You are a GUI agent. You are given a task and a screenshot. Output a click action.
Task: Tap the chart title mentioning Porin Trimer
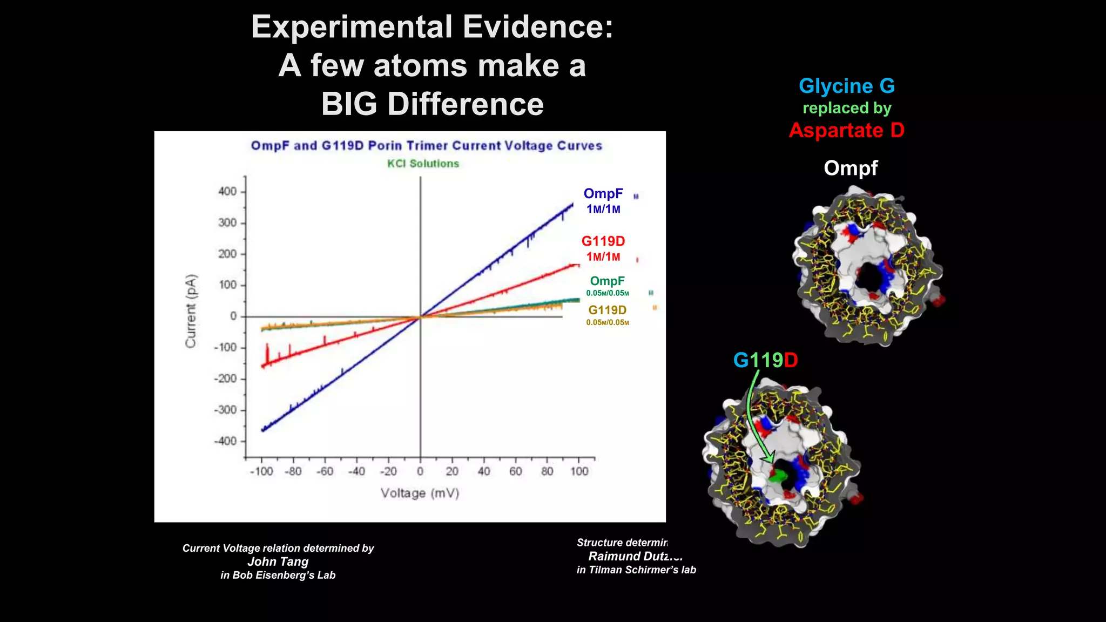(426, 146)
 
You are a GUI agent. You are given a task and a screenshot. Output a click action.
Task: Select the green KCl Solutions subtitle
(423, 164)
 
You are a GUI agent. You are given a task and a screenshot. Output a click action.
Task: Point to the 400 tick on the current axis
(228, 192)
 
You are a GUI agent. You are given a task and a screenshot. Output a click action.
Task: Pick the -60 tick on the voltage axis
(325, 471)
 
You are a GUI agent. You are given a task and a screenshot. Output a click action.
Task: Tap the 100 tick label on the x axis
(579, 471)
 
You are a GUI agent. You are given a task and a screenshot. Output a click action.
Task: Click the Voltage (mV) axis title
(420, 493)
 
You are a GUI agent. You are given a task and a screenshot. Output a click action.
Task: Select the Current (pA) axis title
(191, 312)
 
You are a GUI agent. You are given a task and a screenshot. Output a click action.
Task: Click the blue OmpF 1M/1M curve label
(603, 200)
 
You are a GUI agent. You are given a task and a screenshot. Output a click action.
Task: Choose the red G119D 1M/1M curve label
(603, 248)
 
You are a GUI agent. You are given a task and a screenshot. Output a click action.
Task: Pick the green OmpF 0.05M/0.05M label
(607, 286)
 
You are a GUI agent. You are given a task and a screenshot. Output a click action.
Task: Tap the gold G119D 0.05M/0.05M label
(607, 315)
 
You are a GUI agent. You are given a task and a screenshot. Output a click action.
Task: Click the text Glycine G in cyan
(846, 86)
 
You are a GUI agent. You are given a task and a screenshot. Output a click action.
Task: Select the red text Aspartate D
(846, 130)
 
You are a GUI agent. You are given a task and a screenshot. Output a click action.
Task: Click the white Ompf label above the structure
(851, 168)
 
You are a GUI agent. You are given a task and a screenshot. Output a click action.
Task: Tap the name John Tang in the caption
(278, 562)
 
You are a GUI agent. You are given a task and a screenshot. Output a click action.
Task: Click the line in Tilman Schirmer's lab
(636, 570)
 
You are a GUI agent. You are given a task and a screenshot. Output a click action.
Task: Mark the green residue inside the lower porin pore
(777, 475)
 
